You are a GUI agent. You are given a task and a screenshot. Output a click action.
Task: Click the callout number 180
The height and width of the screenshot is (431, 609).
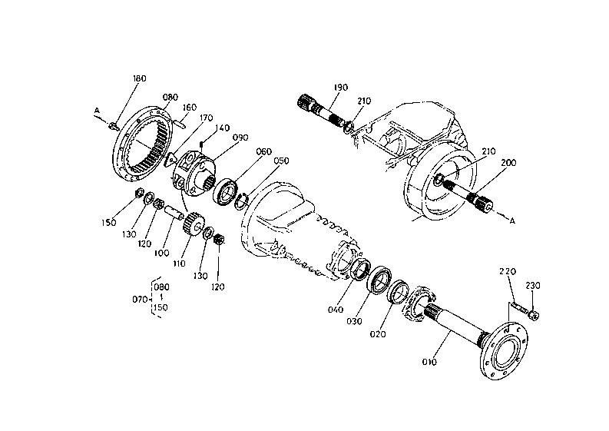coord(140,78)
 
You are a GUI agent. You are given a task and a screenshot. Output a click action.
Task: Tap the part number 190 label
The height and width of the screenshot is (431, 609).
coord(341,88)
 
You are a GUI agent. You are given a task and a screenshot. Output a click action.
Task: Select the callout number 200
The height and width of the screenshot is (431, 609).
coord(508,162)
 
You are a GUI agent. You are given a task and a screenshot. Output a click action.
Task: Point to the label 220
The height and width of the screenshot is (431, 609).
coord(508,271)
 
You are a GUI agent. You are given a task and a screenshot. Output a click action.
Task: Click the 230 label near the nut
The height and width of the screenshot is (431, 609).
coord(533,286)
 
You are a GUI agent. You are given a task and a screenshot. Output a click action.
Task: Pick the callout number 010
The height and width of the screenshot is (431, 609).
coord(429,362)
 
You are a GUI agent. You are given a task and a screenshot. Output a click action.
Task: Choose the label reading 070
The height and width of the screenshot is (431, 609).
coord(140,300)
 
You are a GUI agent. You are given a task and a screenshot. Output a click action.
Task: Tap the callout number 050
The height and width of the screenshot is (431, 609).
coord(281,161)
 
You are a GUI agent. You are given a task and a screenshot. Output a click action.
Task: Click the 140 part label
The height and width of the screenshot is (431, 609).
coord(222,128)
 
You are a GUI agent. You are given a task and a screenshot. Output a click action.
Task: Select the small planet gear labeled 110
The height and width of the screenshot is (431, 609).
coord(193,224)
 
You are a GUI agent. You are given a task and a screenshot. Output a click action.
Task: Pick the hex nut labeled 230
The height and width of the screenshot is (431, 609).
coord(534,314)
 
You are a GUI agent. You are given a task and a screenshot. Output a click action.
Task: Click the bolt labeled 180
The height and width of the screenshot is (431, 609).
coord(113,125)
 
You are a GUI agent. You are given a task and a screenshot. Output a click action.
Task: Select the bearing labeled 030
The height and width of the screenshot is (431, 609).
coord(379,278)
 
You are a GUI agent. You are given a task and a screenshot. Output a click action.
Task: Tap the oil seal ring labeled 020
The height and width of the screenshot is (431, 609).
coord(398,291)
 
